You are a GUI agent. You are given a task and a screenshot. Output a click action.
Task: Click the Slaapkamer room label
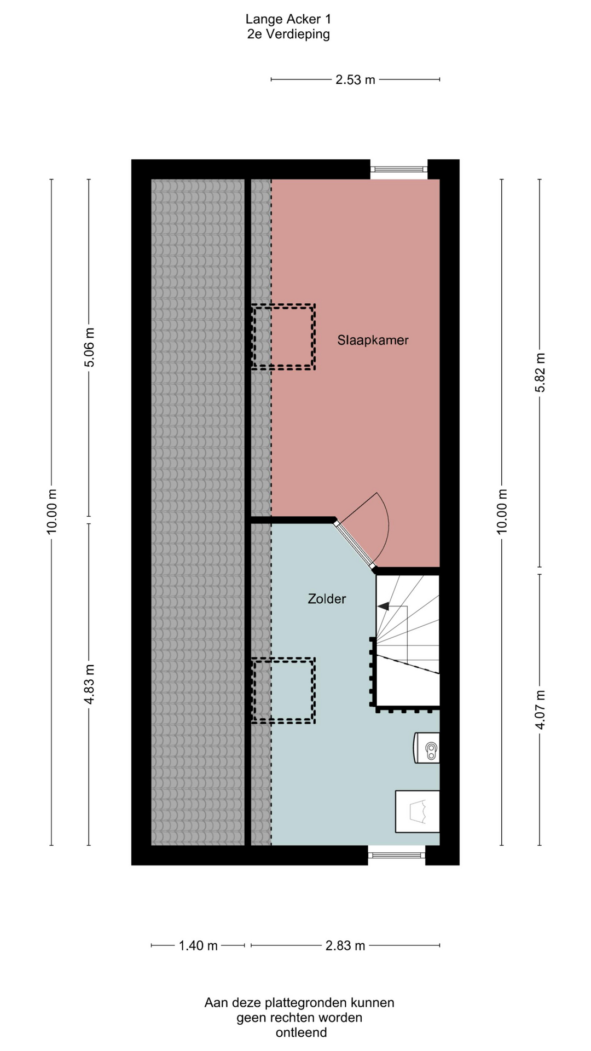coord(373,340)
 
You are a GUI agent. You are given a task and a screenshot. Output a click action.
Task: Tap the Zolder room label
coord(327,599)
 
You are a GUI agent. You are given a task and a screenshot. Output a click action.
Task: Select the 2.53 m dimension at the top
coord(355,80)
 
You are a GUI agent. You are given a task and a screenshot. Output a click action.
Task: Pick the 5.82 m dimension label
coord(540,372)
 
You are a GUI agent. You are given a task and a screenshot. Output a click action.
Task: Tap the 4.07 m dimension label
coord(540,709)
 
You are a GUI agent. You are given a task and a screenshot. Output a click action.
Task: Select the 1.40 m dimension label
coord(198,945)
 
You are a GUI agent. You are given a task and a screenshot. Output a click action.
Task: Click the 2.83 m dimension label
coord(345,945)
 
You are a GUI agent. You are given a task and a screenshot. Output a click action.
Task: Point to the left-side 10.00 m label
coord(52,511)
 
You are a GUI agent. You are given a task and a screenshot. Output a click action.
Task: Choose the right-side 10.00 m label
coord(502,511)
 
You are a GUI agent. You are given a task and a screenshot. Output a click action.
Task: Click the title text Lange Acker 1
coord(288,19)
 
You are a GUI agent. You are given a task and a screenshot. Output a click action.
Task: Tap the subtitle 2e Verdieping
coord(288,34)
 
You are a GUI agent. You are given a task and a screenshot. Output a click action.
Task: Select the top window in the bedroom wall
coord(398,169)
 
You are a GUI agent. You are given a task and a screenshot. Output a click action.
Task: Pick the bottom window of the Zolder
coord(396,854)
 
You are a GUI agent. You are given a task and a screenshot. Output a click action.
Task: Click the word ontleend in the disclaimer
coord(301,1032)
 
